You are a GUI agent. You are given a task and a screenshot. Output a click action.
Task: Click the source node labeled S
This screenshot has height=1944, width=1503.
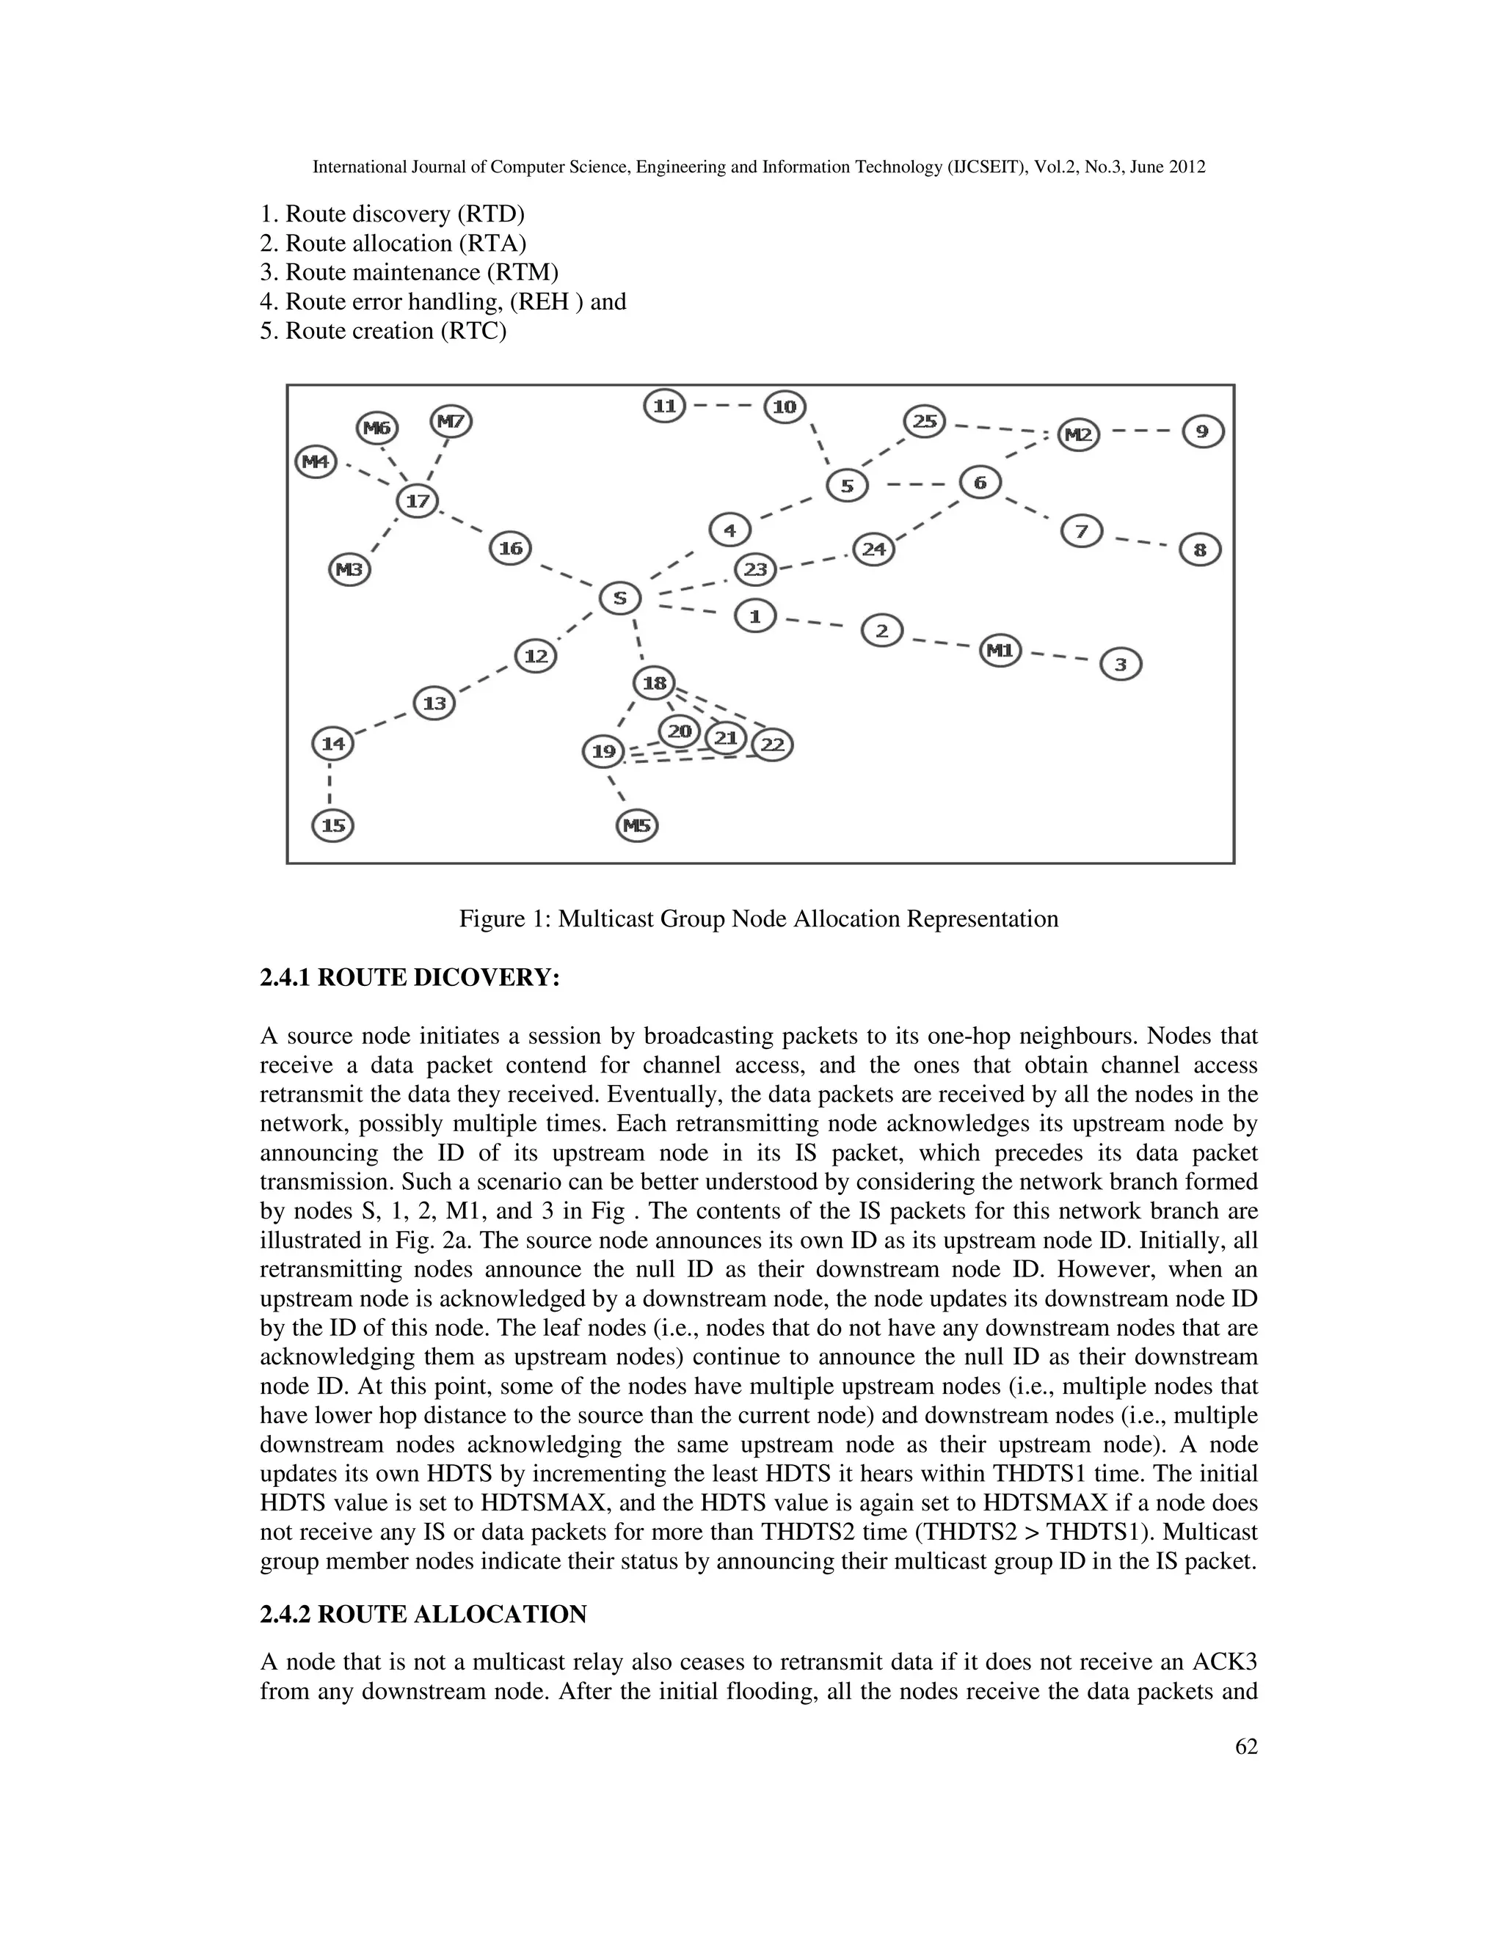pyautogui.click(x=619, y=598)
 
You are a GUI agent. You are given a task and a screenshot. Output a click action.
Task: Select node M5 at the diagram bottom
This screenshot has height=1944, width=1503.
pyautogui.click(x=636, y=826)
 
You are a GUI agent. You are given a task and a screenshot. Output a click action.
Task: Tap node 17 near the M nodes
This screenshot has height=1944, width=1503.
pyautogui.click(x=417, y=501)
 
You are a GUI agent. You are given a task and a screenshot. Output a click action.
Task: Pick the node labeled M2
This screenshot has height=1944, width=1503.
pyautogui.click(x=1078, y=435)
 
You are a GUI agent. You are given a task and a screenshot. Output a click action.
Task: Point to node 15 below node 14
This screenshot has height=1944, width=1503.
pyautogui.click(x=333, y=826)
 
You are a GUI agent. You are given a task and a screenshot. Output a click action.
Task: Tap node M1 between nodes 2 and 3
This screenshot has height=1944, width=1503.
pyautogui.click(x=1000, y=651)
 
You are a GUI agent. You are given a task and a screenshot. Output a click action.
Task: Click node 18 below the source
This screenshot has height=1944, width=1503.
pyautogui.click(x=654, y=684)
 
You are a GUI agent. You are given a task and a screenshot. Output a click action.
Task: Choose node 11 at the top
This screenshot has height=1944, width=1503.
pyautogui.click(x=664, y=407)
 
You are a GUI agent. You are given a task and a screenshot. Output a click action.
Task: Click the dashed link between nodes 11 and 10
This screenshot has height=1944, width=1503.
pyautogui.click(x=723, y=407)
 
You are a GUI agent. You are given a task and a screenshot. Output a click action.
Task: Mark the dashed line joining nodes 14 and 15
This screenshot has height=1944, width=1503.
pyautogui.click(x=331, y=785)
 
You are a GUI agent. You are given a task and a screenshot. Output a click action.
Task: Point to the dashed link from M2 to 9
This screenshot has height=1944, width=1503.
pyautogui.click(x=1140, y=433)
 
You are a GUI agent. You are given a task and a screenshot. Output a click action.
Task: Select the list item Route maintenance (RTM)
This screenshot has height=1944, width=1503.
pyautogui.click(x=409, y=272)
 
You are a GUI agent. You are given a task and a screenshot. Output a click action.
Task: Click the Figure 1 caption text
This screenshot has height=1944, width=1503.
pyautogui.click(x=759, y=918)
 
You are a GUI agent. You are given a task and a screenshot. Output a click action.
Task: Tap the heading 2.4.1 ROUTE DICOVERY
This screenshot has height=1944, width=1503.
pyautogui.click(x=410, y=978)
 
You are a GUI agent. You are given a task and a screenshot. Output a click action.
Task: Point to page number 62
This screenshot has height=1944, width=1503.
pyautogui.click(x=1245, y=1747)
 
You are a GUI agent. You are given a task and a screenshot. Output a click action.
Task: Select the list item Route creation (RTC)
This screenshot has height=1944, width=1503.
pyautogui.click(x=383, y=331)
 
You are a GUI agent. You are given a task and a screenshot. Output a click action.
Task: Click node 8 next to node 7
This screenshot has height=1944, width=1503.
pyautogui.click(x=1199, y=550)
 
